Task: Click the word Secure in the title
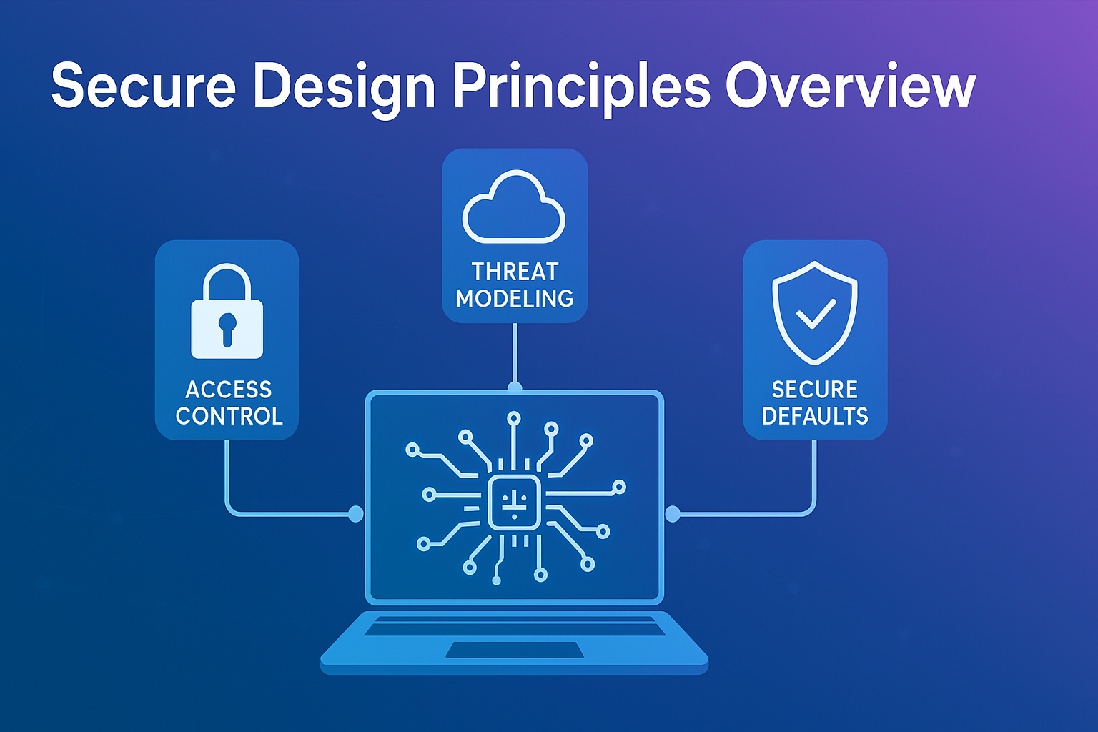click(x=144, y=86)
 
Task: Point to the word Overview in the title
click(x=850, y=86)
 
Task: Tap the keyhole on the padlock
click(x=227, y=328)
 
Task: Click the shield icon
click(x=814, y=312)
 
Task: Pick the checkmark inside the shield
click(x=816, y=314)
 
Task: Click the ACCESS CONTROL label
click(x=229, y=402)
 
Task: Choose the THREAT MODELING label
click(x=515, y=285)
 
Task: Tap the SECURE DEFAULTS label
click(x=815, y=402)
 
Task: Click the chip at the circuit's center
click(x=514, y=502)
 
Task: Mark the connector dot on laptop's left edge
click(x=355, y=513)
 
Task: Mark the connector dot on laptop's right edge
click(x=673, y=513)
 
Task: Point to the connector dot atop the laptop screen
click(x=515, y=388)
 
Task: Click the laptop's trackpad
click(x=515, y=650)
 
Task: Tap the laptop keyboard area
click(x=515, y=626)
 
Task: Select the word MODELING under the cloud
click(x=515, y=298)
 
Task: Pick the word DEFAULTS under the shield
click(x=815, y=416)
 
